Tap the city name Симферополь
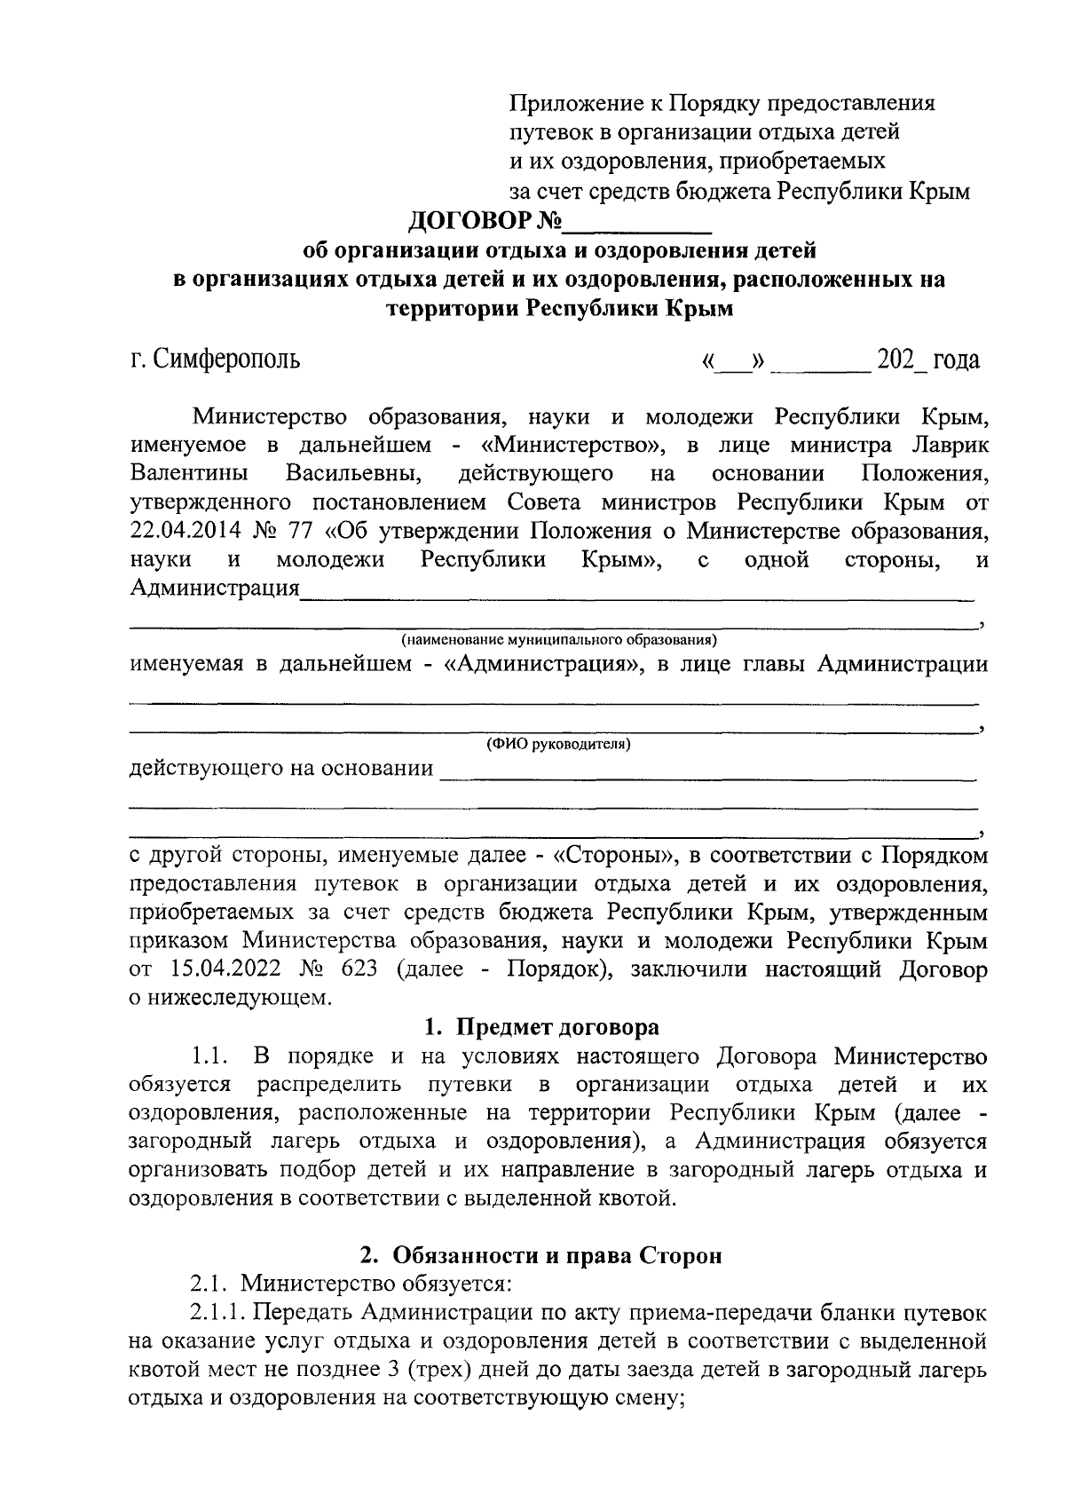[225, 360]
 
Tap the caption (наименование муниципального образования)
[558, 639]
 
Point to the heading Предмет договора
[557, 1027]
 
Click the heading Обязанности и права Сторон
[556, 1255]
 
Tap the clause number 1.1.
[211, 1056]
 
